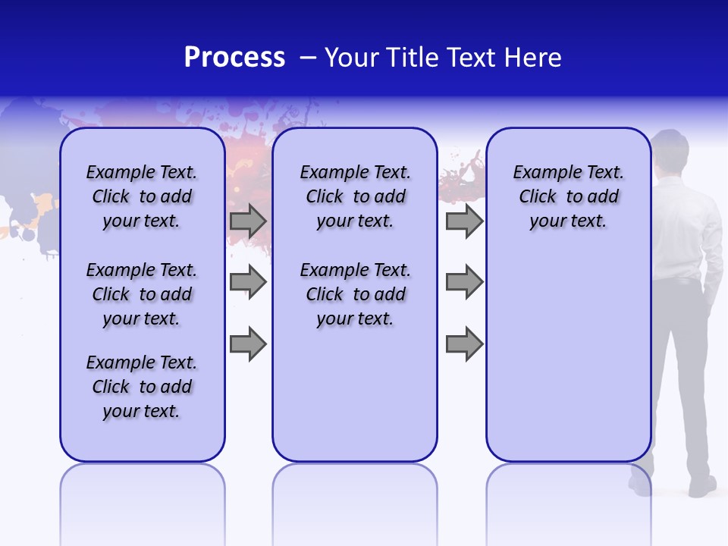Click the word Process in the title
pos(234,58)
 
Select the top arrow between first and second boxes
pos(248,221)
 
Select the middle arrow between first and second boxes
pos(248,283)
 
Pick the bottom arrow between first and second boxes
pos(248,344)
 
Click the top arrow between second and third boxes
pos(464,221)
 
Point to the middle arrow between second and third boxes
pos(464,283)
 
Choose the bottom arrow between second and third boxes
pos(464,344)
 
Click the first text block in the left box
pos(142,196)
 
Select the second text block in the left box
pos(142,294)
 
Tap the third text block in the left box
pos(142,387)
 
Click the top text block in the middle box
pos(355,196)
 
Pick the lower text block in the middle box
pos(355,294)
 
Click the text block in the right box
pos(569,196)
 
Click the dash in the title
pos(308,58)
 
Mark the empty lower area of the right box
pos(569,364)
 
